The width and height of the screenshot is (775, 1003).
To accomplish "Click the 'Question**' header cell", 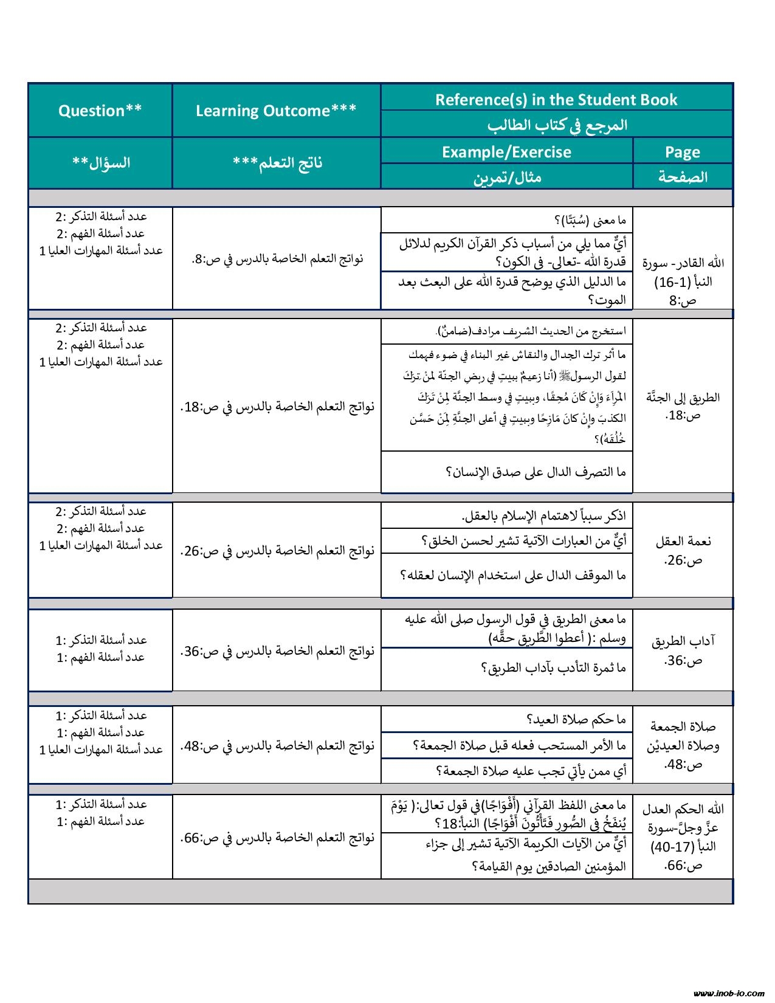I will coord(100,111).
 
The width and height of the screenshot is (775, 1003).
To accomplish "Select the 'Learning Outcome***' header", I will coord(276,111).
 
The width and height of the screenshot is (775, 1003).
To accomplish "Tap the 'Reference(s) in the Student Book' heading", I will coord(556,99).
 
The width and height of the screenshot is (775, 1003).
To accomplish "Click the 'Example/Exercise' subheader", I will coord(506,152).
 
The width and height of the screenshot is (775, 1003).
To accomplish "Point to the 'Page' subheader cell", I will coord(683,152).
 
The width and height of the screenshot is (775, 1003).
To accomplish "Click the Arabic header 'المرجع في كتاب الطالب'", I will coord(556,125).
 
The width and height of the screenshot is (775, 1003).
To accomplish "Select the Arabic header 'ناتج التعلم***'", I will coord(277,163).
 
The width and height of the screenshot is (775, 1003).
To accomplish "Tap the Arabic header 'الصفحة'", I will coord(683,177).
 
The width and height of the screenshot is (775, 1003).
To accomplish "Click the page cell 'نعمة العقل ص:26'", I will coord(683,550).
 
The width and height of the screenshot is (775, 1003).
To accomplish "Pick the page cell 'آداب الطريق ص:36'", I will coord(683,650).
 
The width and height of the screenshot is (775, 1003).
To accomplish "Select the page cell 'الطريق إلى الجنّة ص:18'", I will coord(683,406).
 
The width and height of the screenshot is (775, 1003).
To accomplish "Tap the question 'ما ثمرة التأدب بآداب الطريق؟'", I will coord(553,668).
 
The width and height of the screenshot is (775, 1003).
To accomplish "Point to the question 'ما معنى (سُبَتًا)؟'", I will coord(589,220).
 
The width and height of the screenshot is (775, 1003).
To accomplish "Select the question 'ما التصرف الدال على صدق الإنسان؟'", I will coord(536,472).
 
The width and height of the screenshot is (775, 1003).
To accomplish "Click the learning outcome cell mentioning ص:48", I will coord(277,745).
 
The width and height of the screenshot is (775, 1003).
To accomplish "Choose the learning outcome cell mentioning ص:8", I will coord(277,258).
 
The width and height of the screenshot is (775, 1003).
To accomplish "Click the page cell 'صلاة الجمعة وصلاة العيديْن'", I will coord(683,745).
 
